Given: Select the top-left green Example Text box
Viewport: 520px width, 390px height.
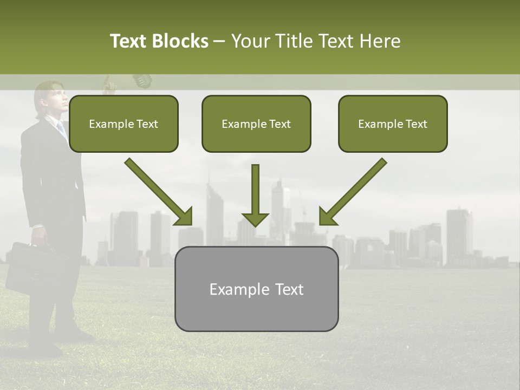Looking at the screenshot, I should pyautogui.click(x=123, y=123).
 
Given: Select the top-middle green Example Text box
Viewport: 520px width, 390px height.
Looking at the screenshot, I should pyautogui.click(x=256, y=123).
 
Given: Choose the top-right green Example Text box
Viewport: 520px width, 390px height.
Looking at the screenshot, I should pyautogui.click(x=393, y=123).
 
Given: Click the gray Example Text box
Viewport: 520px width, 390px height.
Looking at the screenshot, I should pyautogui.click(x=256, y=289).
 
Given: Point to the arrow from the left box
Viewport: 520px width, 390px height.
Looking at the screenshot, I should pyautogui.click(x=160, y=192).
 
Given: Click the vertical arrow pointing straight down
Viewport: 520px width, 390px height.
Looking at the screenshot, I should pyautogui.click(x=255, y=195).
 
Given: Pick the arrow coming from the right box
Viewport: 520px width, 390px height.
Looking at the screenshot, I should pyautogui.click(x=352, y=192).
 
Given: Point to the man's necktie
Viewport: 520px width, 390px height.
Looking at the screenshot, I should pyautogui.click(x=61, y=128).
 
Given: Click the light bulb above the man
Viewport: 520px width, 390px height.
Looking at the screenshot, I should pyautogui.click(x=142, y=80).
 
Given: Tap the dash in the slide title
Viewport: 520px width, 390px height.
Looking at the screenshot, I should pyautogui.click(x=219, y=42).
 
